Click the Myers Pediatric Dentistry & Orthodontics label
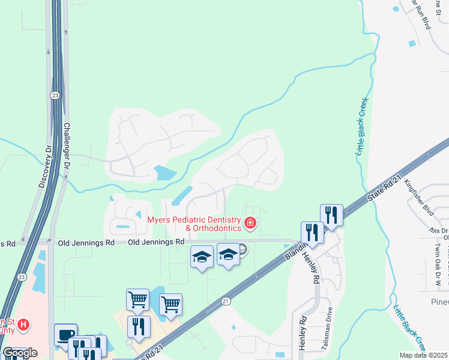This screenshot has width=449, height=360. pos(194,224)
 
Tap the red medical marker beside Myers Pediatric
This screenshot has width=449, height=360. pos(250,224)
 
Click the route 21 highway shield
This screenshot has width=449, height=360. pos(226,301)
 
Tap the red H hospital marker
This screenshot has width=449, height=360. pos(23,325)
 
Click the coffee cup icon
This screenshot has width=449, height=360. pos(65,335)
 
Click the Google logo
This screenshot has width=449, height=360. pos(20,353)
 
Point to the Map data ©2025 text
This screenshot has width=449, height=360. pos(424,355)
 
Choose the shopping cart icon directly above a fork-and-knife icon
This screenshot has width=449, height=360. pos(138,299)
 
